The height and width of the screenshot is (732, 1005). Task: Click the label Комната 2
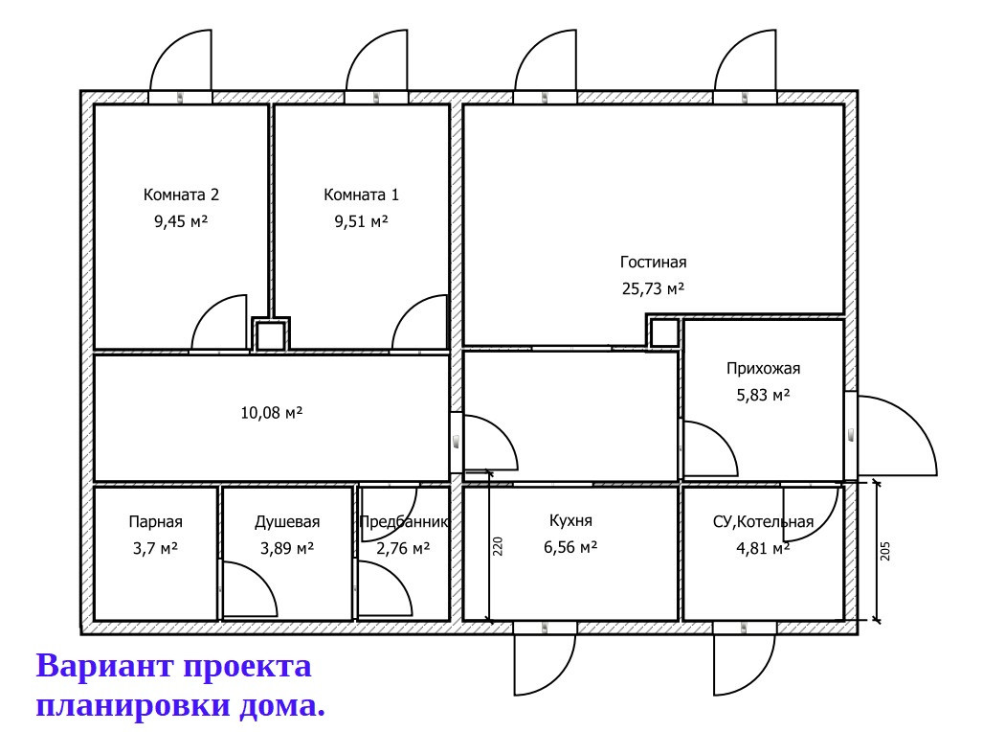click(x=181, y=194)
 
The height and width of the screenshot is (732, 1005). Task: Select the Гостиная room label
click(x=653, y=262)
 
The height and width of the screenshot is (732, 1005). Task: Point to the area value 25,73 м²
click(x=653, y=287)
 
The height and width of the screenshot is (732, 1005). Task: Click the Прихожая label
click(x=763, y=368)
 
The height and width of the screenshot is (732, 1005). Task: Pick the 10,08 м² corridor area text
click(x=271, y=413)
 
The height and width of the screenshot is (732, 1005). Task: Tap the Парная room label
click(x=155, y=522)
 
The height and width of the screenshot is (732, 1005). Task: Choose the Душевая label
click(x=286, y=522)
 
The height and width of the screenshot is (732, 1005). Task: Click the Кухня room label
click(x=570, y=521)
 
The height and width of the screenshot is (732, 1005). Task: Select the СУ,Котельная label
click(x=763, y=522)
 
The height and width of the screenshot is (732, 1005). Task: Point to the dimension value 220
click(x=498, y=546)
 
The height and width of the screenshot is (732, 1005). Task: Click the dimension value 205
click(x=884, y=551)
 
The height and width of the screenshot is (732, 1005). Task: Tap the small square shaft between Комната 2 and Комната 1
click(x=271, y=335)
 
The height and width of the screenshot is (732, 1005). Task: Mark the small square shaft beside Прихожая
click(x=664, y=333)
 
